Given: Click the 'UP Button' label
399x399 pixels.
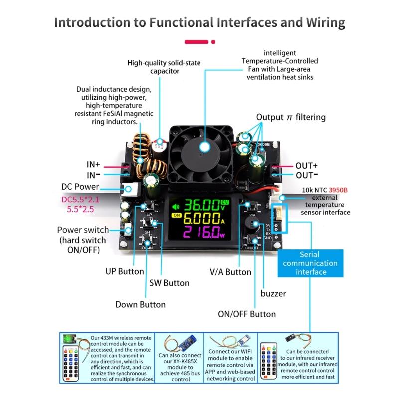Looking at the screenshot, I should click(x=124, y=271).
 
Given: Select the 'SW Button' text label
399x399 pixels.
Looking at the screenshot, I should click(x=169, y=283).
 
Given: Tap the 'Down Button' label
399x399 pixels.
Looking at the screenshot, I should click(x=140, y=304).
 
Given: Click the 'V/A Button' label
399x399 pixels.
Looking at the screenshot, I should click(x=230, y=272).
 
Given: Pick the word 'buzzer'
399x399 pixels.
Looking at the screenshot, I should click(x=273, y=293).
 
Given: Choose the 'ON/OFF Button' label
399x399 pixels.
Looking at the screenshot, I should click(x=247, y=314).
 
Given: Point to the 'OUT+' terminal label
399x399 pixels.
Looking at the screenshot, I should click(x=306, y=165).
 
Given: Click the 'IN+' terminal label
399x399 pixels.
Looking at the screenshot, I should click(x=93, y=164).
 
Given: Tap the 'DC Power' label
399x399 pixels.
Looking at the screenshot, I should click(x=80, y=187).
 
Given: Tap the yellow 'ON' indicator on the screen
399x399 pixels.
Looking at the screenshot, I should click(x=175, y=216).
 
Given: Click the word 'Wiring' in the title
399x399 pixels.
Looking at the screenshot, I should click(x=319, y=22).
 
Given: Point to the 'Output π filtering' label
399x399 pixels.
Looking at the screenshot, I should click(x=291, y=117).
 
